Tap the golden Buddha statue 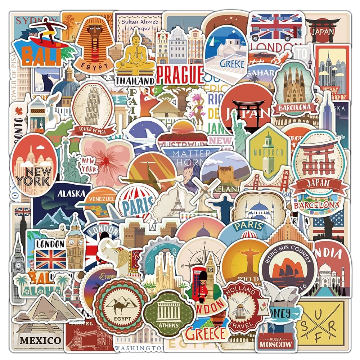point(135,50)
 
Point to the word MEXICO point(40,339)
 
